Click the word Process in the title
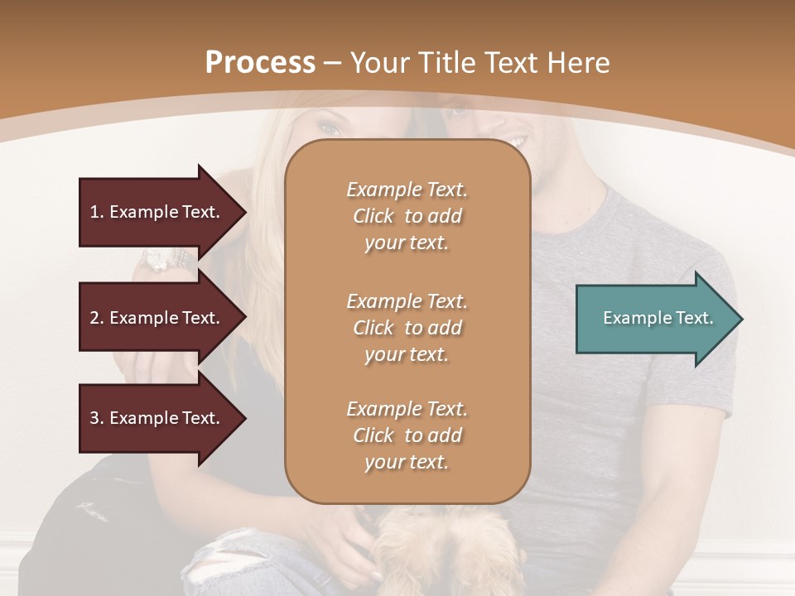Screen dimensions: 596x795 (x=260, y=63)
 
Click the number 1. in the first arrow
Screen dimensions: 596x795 (x=96, y=212)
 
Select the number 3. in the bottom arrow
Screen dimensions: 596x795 (x=96, y=418)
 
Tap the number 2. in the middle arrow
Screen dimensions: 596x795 (x=96, y=318)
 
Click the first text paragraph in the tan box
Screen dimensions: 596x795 (x=407, y=216)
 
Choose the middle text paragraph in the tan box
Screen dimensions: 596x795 (x=407, y=327)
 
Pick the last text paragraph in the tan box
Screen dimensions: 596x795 (x=407, y=435)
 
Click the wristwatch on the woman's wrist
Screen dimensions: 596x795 (x=157, y=260)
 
